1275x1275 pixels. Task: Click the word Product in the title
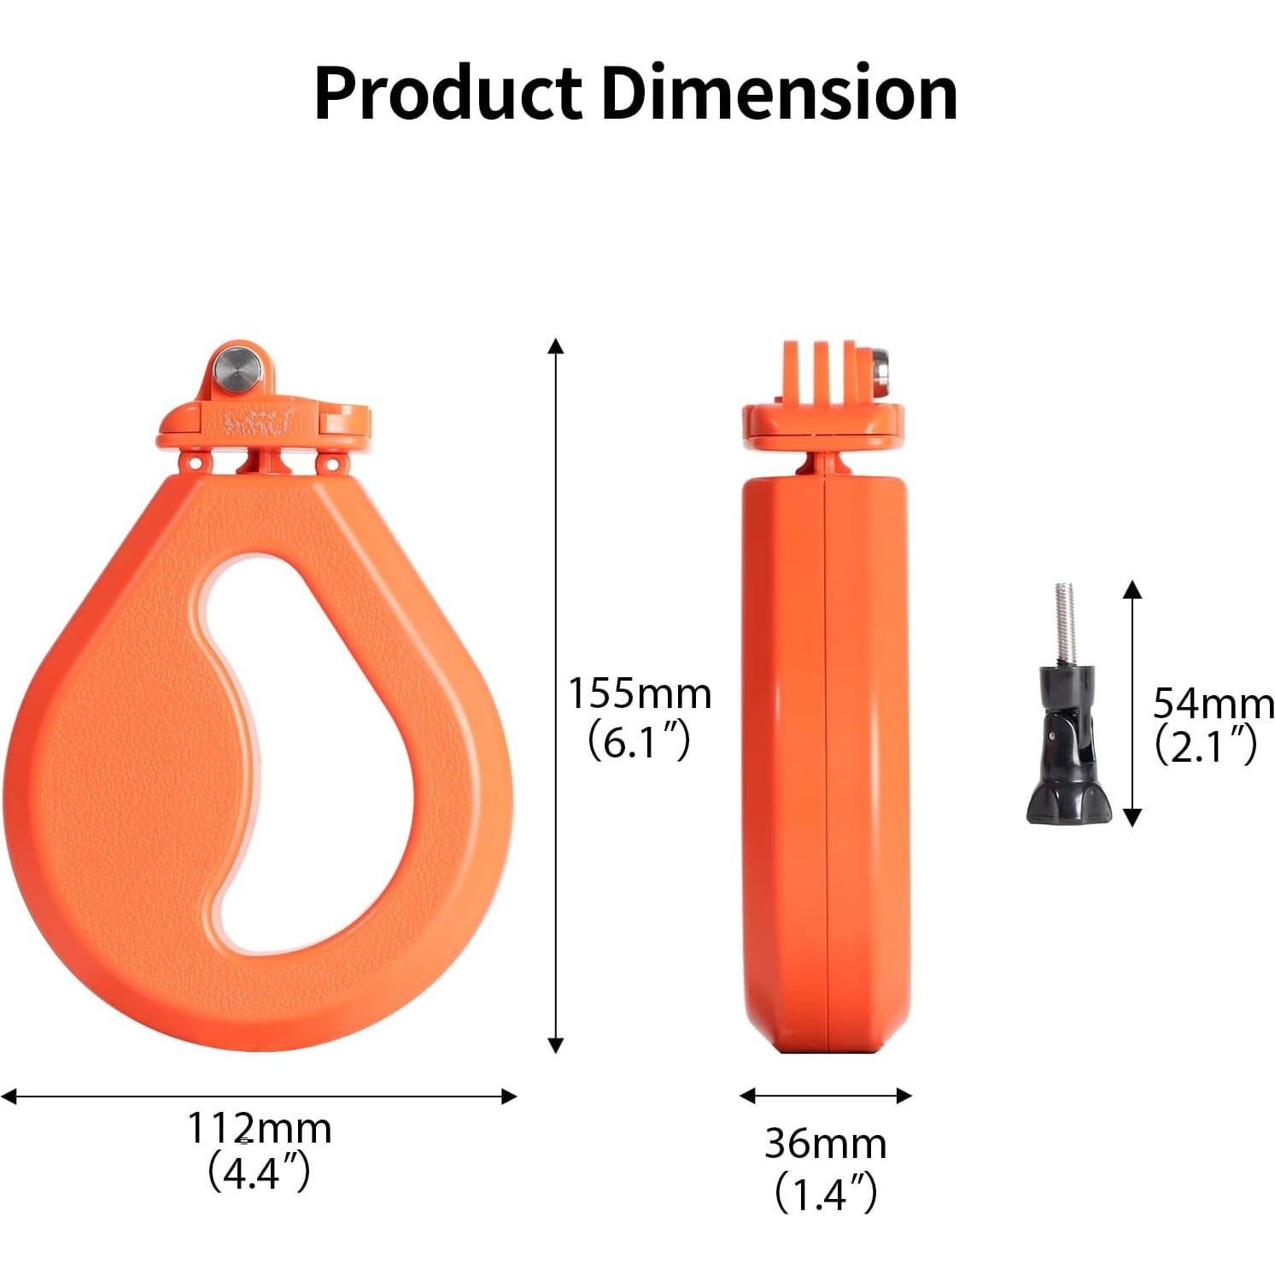pyautogui.click(x=448, y=94)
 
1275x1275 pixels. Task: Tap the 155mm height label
pyautogui.click(x=640, y=693)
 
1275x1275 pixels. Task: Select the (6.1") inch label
pyautogui.click(x=639, y=742)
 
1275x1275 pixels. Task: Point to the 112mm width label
pyautogui.click(x=259, y=1128)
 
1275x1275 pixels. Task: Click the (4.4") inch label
pyautogui.click(x=259, y=1172)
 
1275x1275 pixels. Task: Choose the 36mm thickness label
pyautogui.click(x=825, y=1143)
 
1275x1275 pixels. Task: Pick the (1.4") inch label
pyautogui.click(x=825, y=1193)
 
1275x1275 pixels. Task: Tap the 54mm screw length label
pyautogui.click(x=1213, y=704)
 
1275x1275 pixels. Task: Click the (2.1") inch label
pyautogui.click(x=1206, y=746)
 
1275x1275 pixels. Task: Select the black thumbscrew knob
pyautogui.click(x=1067, y=752)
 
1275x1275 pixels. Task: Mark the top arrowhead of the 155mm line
pyautogui.click(x=556, y=345)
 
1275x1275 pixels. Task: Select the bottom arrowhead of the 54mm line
pyautogui.click(x=1132, y=819)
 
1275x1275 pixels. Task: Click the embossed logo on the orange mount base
pyautogui.click(x=257, y=421)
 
